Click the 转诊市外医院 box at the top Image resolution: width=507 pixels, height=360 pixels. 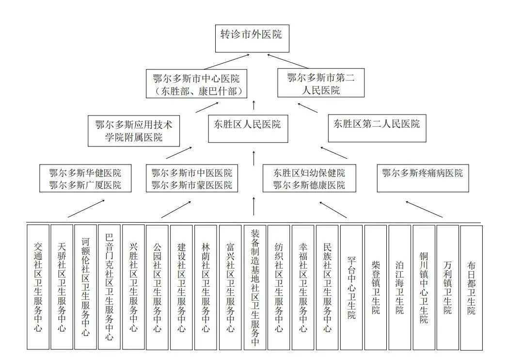point(252,37)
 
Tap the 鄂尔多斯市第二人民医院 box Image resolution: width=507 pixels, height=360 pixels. point(320,83)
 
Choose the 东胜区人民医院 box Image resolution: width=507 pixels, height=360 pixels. point(248,124)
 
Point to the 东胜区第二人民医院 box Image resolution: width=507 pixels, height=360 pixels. point(377,124)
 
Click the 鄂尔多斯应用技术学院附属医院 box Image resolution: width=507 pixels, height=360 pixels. point(134,131)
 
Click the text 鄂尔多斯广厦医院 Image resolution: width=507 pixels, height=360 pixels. point(85,185)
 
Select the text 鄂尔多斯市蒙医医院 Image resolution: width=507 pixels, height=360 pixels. point(192,185)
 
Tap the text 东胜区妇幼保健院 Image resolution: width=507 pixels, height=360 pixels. point(309,173)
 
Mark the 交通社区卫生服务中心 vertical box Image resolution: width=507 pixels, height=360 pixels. point(38,286)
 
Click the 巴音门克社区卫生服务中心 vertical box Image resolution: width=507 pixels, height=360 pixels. point(109,286)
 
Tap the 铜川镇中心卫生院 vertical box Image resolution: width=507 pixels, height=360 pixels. point(424,286)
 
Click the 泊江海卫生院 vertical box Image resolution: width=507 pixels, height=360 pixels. point(399,286)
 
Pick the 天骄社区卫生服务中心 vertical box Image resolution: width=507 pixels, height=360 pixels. point(62,286)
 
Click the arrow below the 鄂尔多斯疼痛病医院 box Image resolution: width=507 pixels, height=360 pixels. point(424,209)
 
